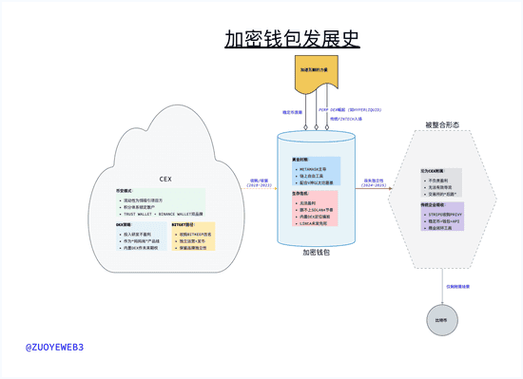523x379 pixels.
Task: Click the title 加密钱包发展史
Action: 292,39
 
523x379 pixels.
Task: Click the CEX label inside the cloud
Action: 165,179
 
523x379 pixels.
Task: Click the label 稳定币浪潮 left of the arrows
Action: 293,112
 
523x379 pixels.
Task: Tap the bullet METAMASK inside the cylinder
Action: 317,169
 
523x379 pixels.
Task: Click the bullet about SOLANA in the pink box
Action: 317,209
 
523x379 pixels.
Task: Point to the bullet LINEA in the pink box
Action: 317,222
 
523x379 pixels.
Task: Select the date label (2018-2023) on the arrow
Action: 259,186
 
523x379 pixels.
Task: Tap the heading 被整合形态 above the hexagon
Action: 442,124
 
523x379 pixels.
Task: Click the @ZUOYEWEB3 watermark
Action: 54,348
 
